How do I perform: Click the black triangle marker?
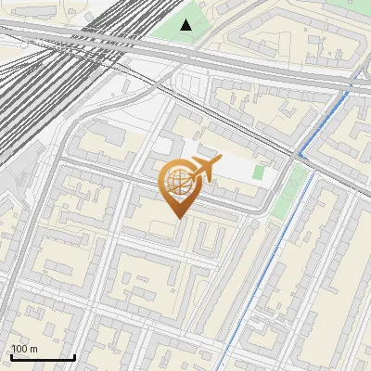click(186, 25)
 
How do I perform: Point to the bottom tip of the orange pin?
click(177, 218)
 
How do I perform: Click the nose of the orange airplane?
click(219, 161)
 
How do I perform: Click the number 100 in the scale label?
click(20, 349)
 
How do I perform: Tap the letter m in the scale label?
click(34, 349)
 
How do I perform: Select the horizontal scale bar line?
click(43, 357)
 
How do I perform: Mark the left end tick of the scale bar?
click(10, 354)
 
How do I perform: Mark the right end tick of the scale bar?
click(75, 354)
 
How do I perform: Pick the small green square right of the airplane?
click(259, 173)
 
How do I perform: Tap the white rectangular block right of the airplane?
click(237, 167)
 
